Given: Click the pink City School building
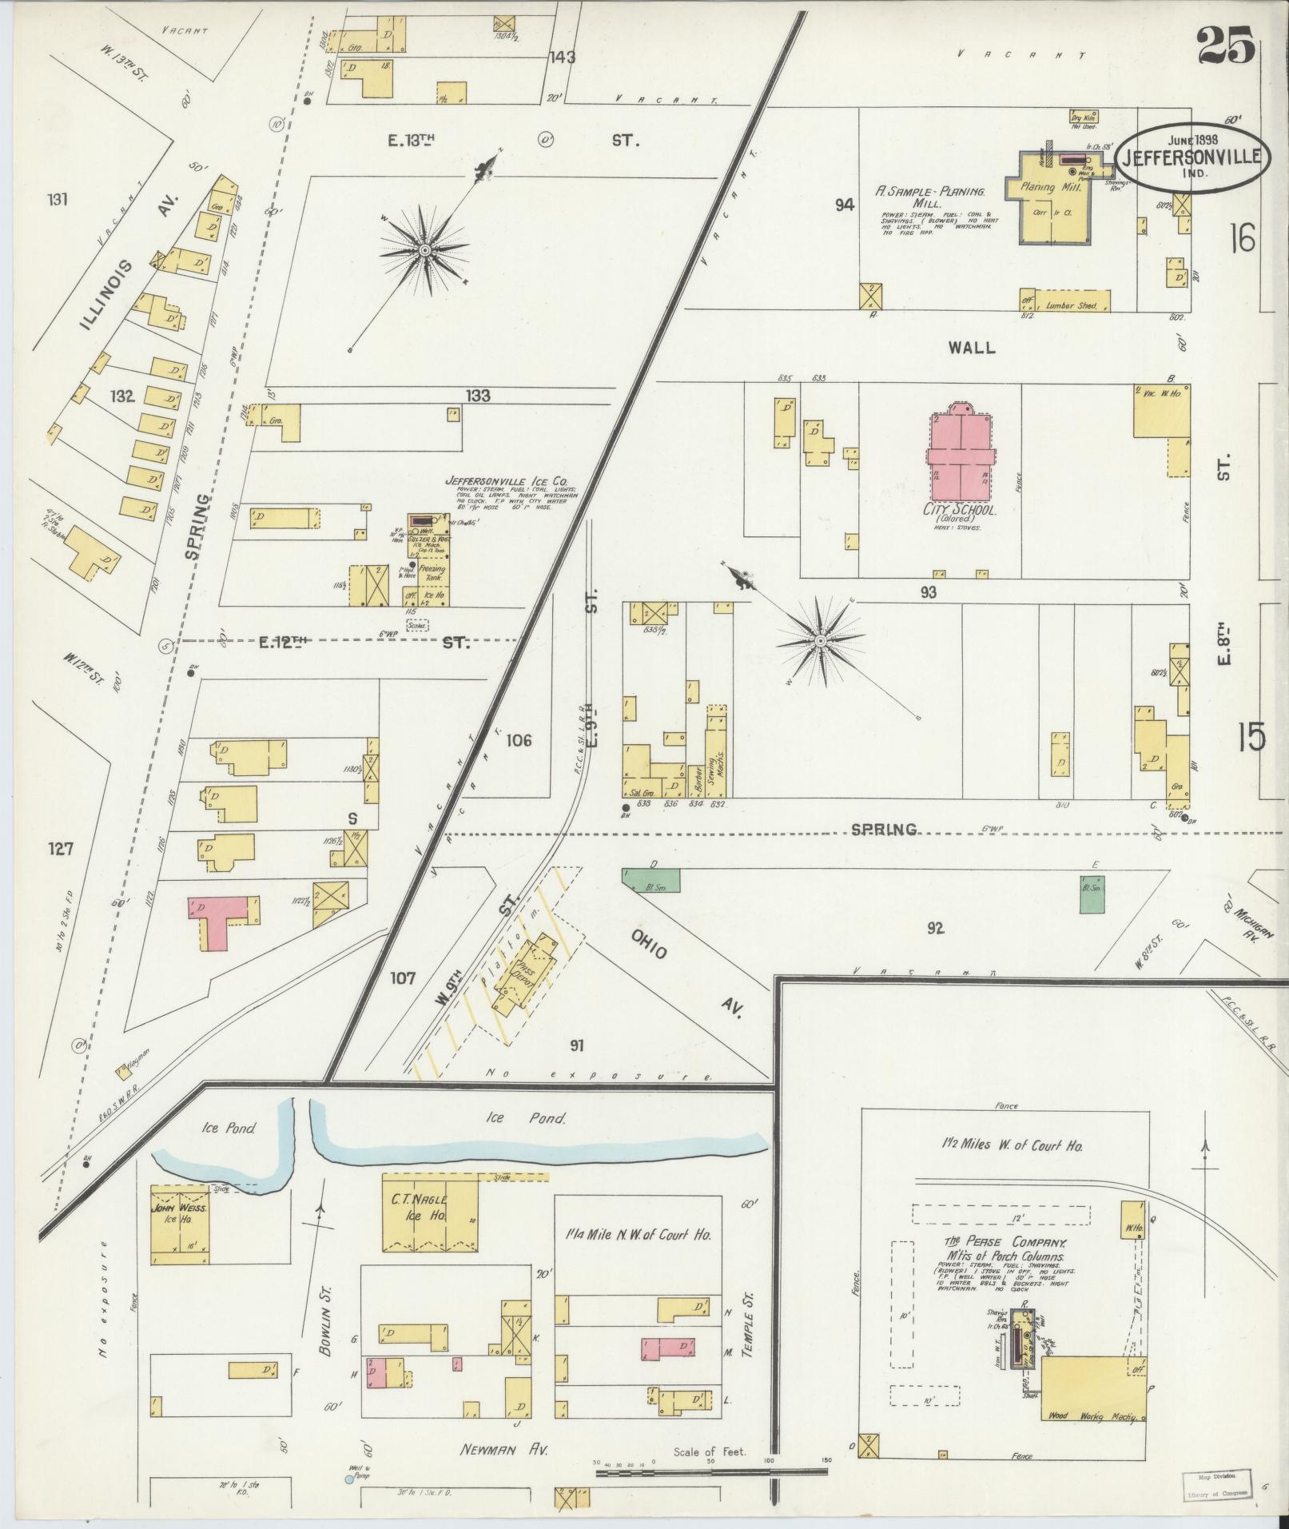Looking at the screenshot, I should (961, 456).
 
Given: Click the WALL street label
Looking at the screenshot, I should (972, 347).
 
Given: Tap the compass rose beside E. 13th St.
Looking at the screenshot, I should (425, 250).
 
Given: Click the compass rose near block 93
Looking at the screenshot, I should (820, 641).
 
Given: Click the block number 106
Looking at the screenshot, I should (519, 740).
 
